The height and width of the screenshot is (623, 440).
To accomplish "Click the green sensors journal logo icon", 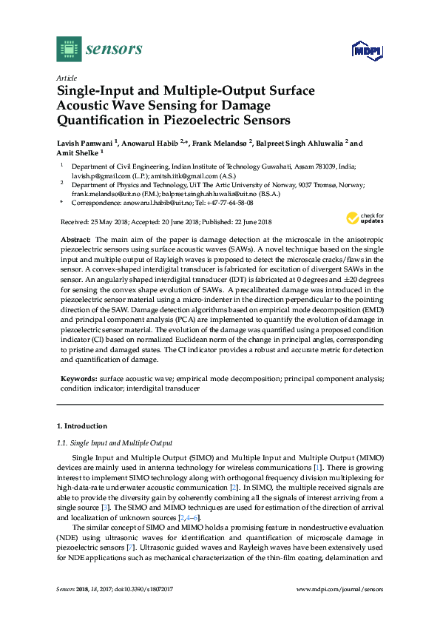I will click(69, 49).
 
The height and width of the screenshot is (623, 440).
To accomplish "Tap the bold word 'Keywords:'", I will click(78, 378).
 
